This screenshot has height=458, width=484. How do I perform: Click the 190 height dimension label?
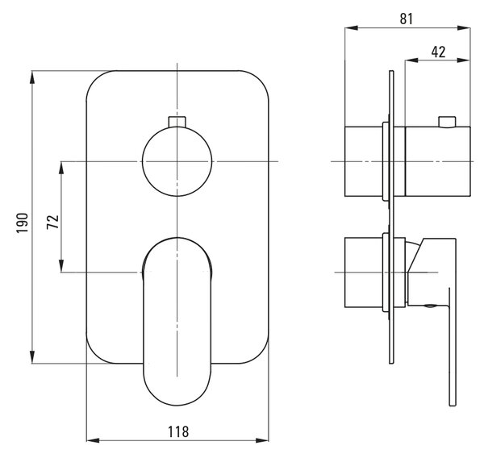(x=23, y=223)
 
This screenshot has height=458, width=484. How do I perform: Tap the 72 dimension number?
(x=52, y=222)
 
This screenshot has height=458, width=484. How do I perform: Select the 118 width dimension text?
(x=178, y=431)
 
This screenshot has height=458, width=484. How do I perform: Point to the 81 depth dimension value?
(x=407, y=19)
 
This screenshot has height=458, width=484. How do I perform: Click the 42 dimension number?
(x=438, y=52)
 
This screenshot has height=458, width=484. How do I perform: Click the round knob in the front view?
(x=177, y=161)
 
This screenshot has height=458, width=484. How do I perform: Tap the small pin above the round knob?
(x=177, y=121)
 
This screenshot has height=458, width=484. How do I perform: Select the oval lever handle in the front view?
(x=177, y=321)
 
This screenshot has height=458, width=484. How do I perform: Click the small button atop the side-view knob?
(x=447, y=122)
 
